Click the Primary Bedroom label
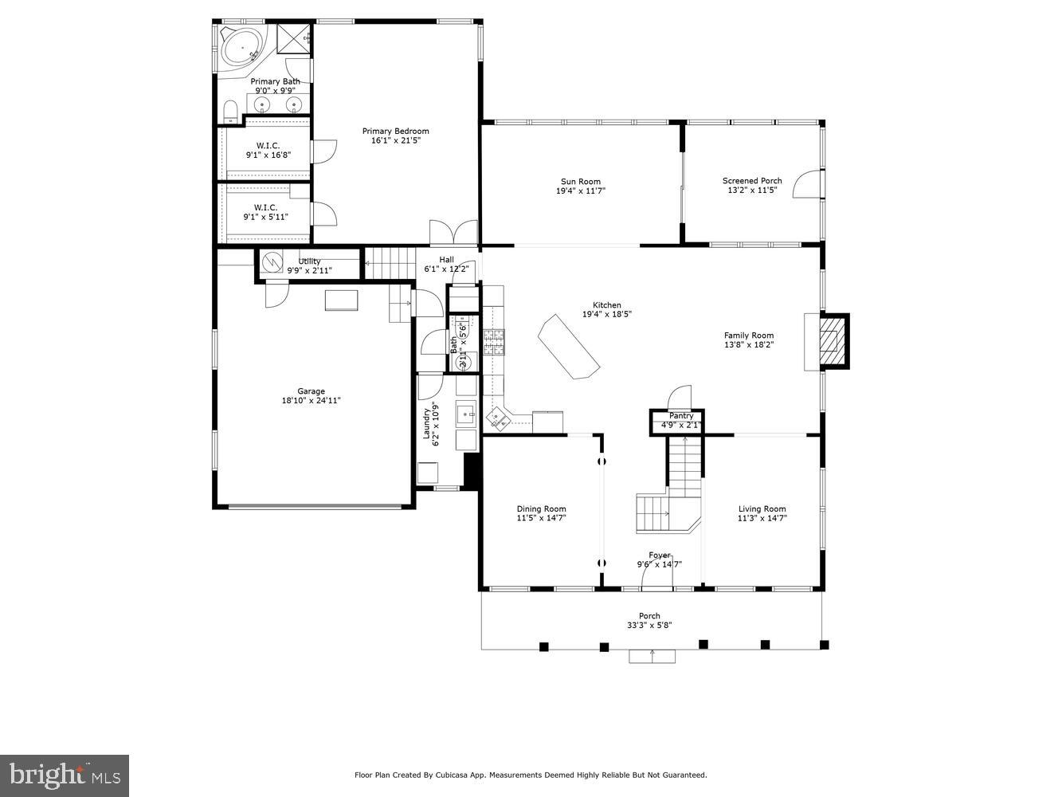point(395,132)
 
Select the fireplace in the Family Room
point(833,341)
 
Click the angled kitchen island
point(569,347)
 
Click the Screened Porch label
point(752,181)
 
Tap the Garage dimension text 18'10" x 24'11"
point(311,401)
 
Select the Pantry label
point(681,416)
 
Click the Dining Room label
point(541,509)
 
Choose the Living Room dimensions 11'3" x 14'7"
point(762,518)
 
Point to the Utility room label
point(309,261)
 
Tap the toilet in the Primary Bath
point(230,110)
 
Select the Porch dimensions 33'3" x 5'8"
point(649,626)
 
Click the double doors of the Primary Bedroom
point(453,232)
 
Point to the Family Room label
point(748,336)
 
